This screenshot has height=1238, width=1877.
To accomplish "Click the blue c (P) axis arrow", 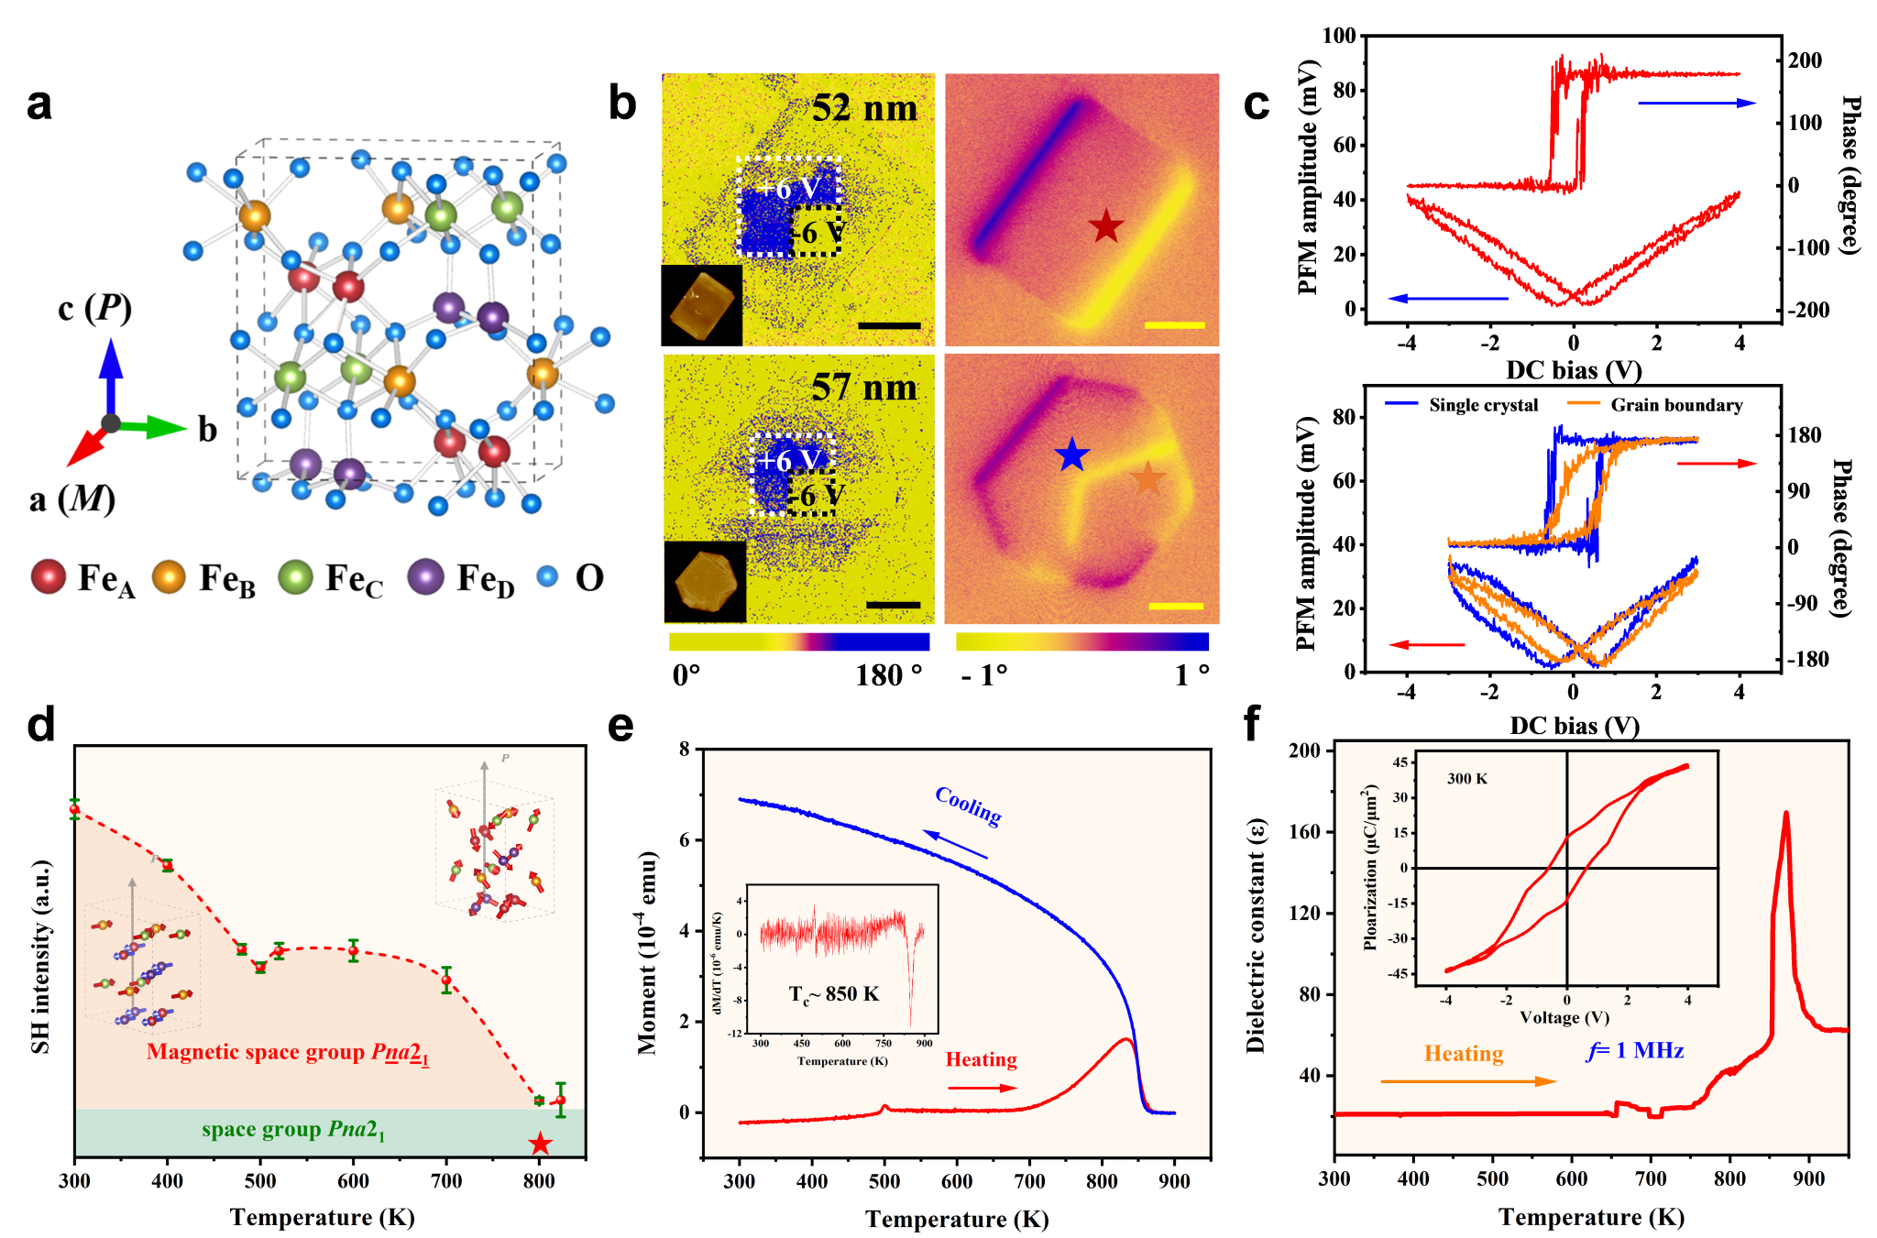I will click(x=111, y=376).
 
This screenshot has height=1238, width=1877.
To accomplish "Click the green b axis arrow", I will click(x=151, y=426).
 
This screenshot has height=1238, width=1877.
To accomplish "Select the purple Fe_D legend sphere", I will click(x=425, y=577).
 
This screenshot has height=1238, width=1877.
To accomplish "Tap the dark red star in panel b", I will click(x=1106, y=226).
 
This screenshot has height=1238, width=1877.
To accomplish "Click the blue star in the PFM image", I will click(x=1071, y=455).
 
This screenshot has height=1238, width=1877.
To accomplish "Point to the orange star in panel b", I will click(x=1147, y=478).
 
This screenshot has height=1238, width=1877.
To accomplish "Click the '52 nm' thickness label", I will click(x=863, y=109).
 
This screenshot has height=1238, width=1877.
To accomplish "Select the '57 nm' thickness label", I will click(x=863, y=389).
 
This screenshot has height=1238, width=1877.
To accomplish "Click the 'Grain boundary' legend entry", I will click(x=1675, y=405).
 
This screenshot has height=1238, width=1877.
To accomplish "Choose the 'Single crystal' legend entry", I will click(x=1483, y=405).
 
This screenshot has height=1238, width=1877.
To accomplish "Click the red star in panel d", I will click(x=540, y=1144).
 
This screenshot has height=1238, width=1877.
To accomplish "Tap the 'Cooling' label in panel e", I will click(x=968, y=805).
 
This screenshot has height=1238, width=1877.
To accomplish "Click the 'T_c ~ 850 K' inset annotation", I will click(x=834, y=994).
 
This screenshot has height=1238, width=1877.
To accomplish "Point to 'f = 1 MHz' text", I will click(x=1635, y=1050).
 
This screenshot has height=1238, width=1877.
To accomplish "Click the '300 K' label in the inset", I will click(x=1467, y=779).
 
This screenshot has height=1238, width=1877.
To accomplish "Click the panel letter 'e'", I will click(x=620, y=726).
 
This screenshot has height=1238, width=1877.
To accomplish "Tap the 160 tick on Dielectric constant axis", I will click(x=1307, y=832).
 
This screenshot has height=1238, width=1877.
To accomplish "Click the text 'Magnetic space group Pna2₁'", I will click(x=288, y=1052).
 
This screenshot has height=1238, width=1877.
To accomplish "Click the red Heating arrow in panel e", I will click(x=982, y=1088).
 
